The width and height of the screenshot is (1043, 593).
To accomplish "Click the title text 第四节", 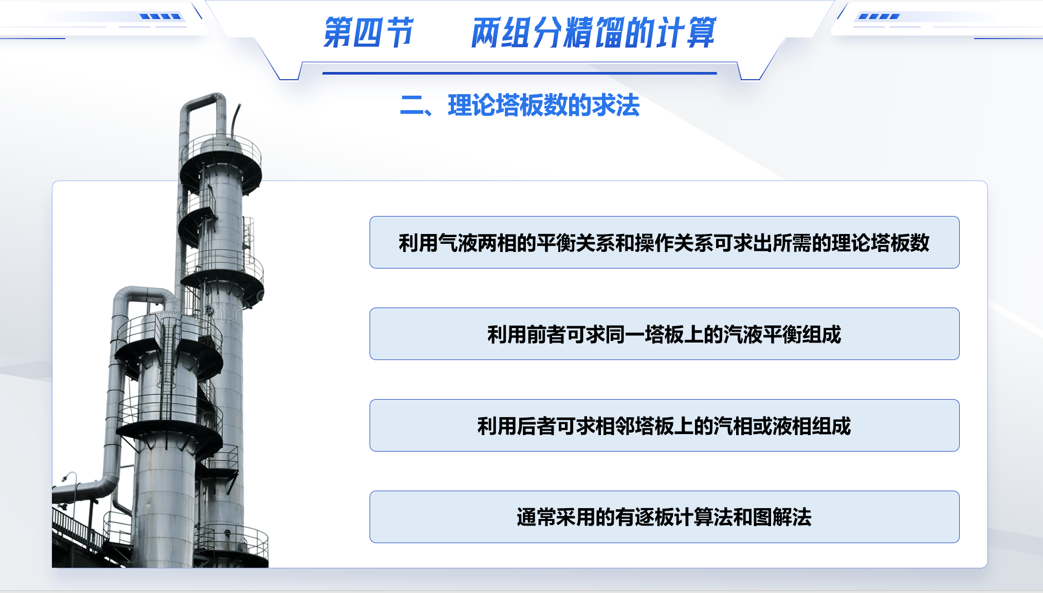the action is click(x=368, y=32).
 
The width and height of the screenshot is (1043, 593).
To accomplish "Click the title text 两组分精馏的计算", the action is click(x=594, y=32).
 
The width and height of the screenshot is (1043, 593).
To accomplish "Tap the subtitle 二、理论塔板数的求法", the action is click(x=520, y=105).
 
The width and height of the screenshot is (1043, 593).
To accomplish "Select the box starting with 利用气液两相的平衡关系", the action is click(x=664, y=242).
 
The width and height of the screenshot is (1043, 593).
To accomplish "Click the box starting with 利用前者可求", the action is click(x=664, y=334).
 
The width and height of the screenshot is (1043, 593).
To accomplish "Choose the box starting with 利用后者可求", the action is click(x=664, y=425).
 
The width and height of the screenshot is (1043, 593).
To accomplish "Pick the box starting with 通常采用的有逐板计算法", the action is click(x=664, y=517).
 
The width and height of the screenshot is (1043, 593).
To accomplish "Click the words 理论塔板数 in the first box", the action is click(x=881, y=243).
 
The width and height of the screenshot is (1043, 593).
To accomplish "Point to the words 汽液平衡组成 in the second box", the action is click(x=782, y=334).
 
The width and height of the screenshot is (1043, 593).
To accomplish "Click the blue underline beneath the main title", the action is click(x=520, y=73).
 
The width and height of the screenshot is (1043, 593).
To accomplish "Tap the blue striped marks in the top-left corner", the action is click(x=160, y=16).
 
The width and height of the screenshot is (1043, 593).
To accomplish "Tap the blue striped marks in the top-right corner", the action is click(x=879, y=16).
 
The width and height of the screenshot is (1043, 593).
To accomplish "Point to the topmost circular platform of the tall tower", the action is click(x=221, y=162).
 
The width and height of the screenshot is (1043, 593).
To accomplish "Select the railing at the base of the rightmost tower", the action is click(x=231, y=540).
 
